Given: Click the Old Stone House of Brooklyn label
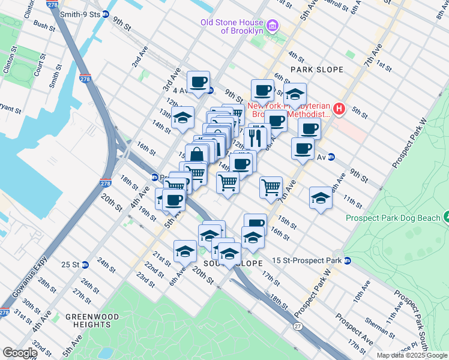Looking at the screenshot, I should coord(232,26).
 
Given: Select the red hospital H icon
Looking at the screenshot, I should coord(339,109).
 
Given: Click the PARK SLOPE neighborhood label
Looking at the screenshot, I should coord(316,70).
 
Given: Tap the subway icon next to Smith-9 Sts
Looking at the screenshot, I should coord(106,14).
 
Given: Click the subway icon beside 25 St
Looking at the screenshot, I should coord(85,264).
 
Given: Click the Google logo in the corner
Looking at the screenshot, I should coord(20,353).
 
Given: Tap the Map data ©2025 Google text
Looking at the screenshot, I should coord(411,355).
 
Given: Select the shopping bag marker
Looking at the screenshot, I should coord(196,155).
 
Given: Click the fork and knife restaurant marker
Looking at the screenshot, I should coord(257,137).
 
